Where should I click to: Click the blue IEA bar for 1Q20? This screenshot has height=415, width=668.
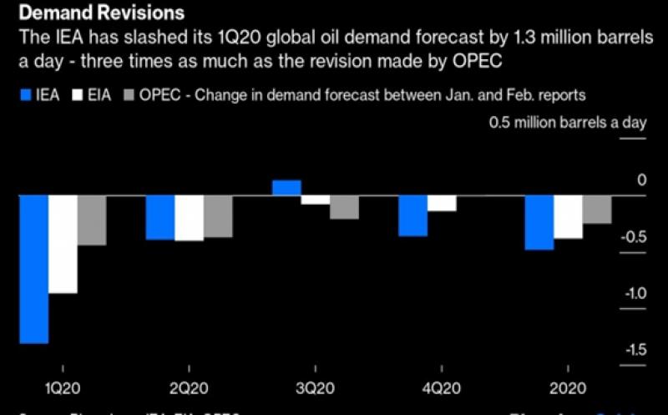coord(34,269)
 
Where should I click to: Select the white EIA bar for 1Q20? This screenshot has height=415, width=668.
coord(63,244)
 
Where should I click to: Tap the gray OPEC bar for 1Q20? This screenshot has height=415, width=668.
coord(92,220)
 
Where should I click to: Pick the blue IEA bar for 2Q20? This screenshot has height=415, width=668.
coord(160,217)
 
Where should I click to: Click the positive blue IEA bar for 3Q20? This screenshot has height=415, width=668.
coord(286,188)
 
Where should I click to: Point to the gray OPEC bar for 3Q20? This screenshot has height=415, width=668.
coord(344,207)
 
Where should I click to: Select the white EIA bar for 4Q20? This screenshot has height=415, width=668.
coord(443,203)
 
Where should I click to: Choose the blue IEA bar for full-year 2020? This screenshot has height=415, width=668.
coord(539,222)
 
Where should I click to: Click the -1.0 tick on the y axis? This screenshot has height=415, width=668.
coord(635,293)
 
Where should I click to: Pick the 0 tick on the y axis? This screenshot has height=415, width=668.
coord(641,180)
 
